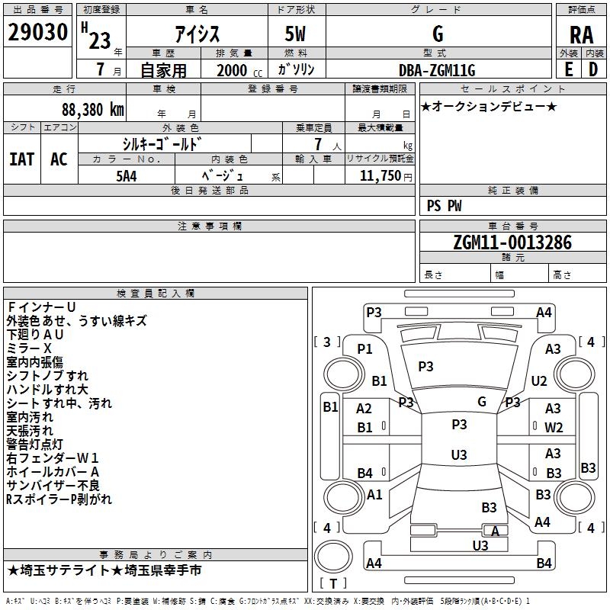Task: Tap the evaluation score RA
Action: tap(581, 34)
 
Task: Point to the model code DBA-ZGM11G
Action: tap(437, 71)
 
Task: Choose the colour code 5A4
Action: tap(126, 175)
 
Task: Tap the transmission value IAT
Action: tap(22, 159)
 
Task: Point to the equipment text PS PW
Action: tap(445, 206)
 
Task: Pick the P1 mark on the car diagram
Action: tap(364, 349)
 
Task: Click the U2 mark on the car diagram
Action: tap(539, 380)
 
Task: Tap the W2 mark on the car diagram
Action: tap(554, 427)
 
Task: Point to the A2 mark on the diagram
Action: tap(364, 409)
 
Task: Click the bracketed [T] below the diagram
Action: tap(333, 583)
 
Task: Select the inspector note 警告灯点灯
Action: tap(36, 445)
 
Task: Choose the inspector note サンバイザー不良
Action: tap(53, 486)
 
